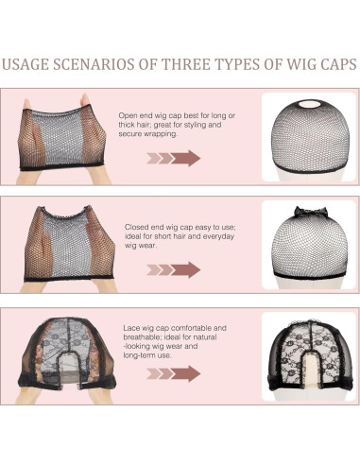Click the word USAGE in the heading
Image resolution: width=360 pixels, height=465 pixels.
click(26, 64)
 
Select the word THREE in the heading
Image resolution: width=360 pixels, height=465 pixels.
click(186, 64)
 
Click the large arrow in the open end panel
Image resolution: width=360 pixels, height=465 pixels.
click(186, 158)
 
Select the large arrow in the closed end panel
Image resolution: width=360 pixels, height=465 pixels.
click(186, 269)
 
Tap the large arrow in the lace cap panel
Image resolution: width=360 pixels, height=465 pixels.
click(186, 373)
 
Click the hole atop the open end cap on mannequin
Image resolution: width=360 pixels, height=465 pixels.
click(309, 104)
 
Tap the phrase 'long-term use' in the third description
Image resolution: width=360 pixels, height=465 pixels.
click(147, 355)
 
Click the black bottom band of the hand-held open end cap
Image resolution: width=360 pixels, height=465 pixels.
click(61, 166)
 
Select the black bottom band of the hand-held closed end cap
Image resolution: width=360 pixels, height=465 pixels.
click(69, 278)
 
